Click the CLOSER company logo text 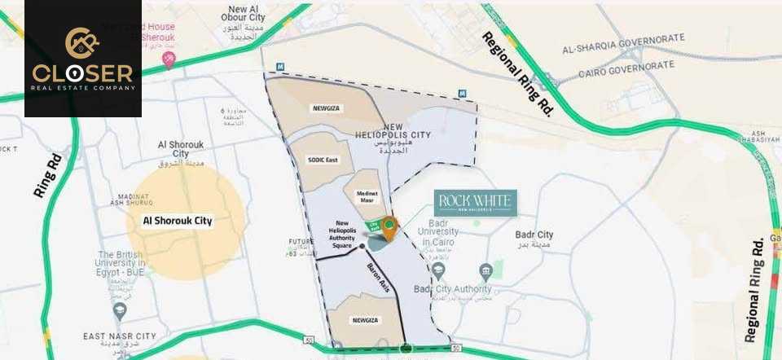(82, 72)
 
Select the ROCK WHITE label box (475, 202)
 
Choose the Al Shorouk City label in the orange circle (177, 221)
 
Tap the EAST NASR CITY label (119, 336)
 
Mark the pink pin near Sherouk (169, 59)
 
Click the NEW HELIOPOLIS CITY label (381, 133)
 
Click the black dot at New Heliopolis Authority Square (362, 245)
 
